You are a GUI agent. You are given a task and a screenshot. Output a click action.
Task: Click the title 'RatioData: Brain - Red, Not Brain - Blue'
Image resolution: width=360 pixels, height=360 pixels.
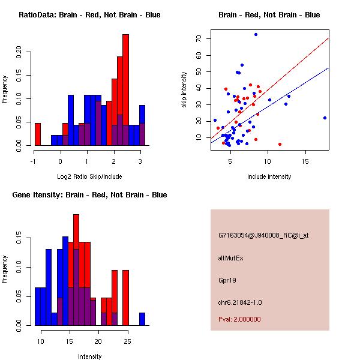tap(89, 15)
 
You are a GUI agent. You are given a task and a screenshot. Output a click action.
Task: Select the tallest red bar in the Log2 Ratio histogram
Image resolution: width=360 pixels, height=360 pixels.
tap(125, 90)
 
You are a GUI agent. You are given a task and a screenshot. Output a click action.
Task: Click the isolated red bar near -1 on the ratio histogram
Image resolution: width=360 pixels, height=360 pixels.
tap(38, 134)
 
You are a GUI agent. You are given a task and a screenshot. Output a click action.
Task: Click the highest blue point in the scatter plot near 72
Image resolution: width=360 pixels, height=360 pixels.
tap(256, 34)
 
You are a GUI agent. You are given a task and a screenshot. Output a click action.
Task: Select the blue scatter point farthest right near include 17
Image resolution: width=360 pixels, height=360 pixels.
tap(325, 118)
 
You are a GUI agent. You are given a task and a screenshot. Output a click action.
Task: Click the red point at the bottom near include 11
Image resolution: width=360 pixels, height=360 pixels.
tap(280, 144)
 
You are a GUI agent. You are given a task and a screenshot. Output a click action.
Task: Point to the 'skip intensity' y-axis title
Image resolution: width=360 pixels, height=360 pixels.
tap(184, 90)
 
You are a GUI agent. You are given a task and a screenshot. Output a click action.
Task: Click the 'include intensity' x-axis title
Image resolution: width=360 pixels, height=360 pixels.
tap(269, 176)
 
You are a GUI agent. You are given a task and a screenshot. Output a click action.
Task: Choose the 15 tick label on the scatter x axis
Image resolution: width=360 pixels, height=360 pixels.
tap(305, 161)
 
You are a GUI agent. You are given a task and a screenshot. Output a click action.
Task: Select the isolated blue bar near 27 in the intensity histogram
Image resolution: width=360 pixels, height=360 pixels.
tap(142, 319)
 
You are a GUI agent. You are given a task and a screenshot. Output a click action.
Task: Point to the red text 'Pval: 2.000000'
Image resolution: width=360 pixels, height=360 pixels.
tap(239, 319)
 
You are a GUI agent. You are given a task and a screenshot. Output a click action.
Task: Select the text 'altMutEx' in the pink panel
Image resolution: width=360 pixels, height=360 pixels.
tap(230, 257)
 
